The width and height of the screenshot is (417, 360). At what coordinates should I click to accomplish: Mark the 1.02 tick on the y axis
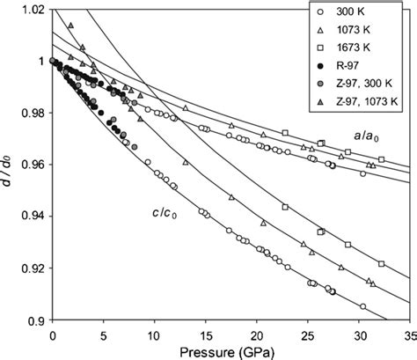33,10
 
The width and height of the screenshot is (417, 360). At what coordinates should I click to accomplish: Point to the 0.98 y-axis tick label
33,113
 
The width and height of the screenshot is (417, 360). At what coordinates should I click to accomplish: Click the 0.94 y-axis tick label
33,217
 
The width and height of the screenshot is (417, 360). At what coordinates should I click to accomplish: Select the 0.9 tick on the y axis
37,320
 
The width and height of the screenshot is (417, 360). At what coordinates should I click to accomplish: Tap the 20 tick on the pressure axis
255,334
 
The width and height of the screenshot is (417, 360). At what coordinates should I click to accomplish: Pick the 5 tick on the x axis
104,334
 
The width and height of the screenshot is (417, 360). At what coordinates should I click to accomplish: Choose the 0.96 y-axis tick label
33,165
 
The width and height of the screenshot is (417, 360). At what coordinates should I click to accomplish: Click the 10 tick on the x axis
154,334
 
